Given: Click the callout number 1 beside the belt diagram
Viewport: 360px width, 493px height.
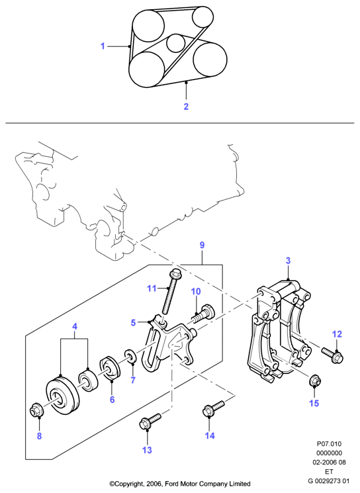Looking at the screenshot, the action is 103,46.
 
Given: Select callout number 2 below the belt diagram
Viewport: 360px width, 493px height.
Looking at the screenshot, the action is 186,107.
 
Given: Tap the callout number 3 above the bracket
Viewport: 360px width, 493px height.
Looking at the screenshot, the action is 288,261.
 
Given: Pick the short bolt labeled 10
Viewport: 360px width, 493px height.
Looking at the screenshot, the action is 204,314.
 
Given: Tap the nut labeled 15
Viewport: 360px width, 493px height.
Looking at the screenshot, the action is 315,381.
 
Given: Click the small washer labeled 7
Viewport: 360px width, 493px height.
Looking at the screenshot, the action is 130,355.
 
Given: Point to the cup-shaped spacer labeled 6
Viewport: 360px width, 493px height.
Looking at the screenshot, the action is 110,369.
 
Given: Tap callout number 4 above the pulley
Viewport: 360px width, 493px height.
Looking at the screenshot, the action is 75,326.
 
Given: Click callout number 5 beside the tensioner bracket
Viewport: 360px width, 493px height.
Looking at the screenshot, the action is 133,322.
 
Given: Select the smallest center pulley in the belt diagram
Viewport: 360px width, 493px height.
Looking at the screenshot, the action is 176,43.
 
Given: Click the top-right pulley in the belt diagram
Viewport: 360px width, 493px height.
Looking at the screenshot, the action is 202,17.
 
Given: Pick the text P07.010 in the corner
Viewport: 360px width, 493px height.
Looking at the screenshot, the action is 328,444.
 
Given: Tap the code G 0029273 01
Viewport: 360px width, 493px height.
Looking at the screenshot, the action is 328,480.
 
